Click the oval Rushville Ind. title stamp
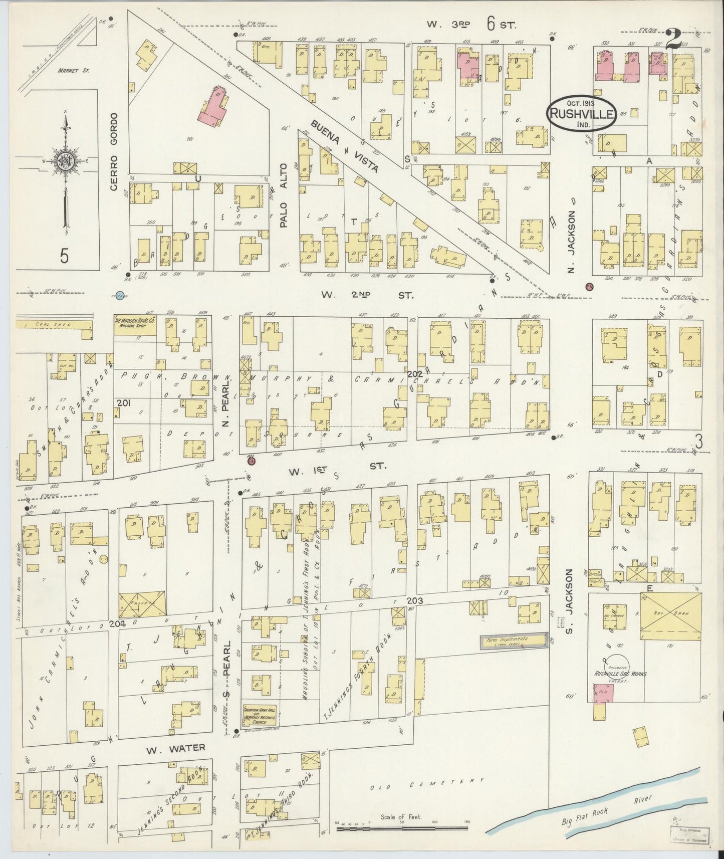(x=582, y=113)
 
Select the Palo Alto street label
(x=284, y=195)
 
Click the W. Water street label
(x=175, y=748)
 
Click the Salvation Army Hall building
(x=260, y=717)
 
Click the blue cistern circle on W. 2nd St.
(x=120, y=295)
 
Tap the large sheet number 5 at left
(x=64, y=256)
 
